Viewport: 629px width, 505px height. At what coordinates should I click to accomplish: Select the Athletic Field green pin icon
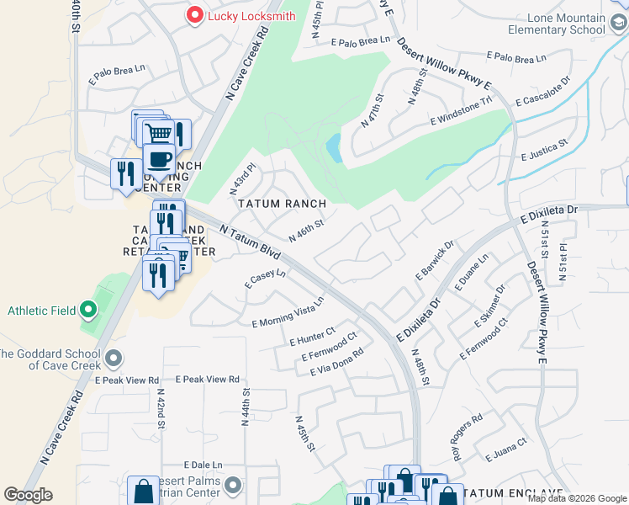pos(89,311)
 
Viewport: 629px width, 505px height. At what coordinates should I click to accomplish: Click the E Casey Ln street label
pos(266,279)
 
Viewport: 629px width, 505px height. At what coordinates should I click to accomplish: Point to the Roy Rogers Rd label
pos(468,431)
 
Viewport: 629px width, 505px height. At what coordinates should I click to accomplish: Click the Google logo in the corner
pos(28,495)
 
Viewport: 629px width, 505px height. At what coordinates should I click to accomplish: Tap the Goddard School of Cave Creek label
pos(51,359)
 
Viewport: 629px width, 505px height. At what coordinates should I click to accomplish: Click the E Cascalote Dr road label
pos(544,89)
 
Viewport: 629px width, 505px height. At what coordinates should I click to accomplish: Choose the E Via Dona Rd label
pos(336,362)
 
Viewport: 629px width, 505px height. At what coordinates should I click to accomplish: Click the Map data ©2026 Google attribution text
pos(576,498)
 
